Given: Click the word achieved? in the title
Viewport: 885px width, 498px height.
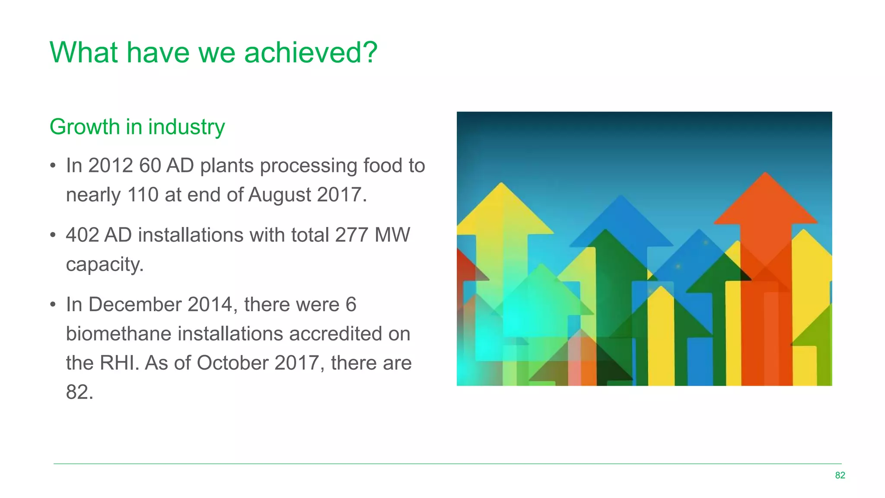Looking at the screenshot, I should [x=310, y=53].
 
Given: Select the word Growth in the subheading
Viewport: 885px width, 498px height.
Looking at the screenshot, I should [x=84, y=127].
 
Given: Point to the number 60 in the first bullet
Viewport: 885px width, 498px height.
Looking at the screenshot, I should [x=150, y=166].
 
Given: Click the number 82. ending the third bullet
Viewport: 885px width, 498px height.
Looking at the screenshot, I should [x=80, y=393].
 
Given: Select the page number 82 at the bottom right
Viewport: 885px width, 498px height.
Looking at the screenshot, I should [x=840, y=476].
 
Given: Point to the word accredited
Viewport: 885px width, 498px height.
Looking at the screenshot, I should [x=335, y=334].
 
